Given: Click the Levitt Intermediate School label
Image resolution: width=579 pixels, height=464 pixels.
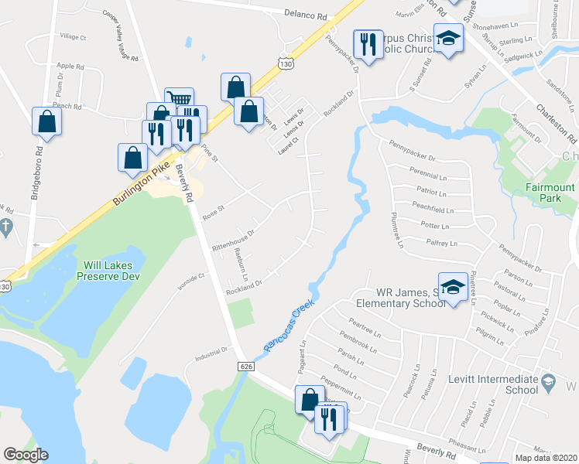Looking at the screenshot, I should point(493,384).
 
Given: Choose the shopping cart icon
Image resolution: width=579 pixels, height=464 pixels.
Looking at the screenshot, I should point(179,99).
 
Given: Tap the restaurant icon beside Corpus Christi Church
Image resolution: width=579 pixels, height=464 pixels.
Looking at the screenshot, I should point(367,43).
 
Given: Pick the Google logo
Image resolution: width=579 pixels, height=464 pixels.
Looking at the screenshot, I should point(26,454).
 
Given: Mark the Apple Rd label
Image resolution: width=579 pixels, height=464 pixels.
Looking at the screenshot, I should point(70,67).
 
